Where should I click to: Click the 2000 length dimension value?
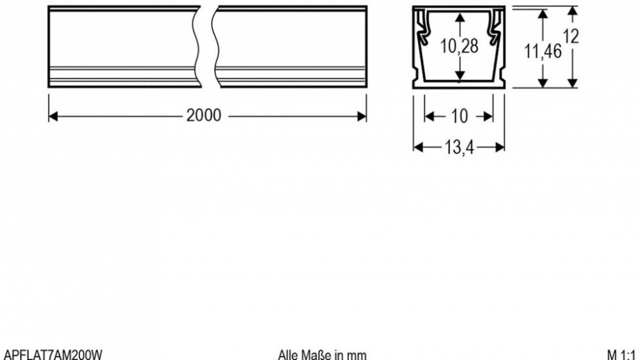coord(204,115)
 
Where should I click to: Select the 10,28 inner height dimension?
coord(459,46)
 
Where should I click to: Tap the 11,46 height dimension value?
coord(543,51)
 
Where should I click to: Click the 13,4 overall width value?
coord(459,147)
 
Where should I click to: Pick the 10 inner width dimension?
coord(459,116)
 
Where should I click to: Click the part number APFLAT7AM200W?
coord(52,354)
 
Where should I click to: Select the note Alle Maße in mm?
coord(322,354)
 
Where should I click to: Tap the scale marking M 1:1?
coord(620,354)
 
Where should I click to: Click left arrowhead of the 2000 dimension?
coord(53,116)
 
